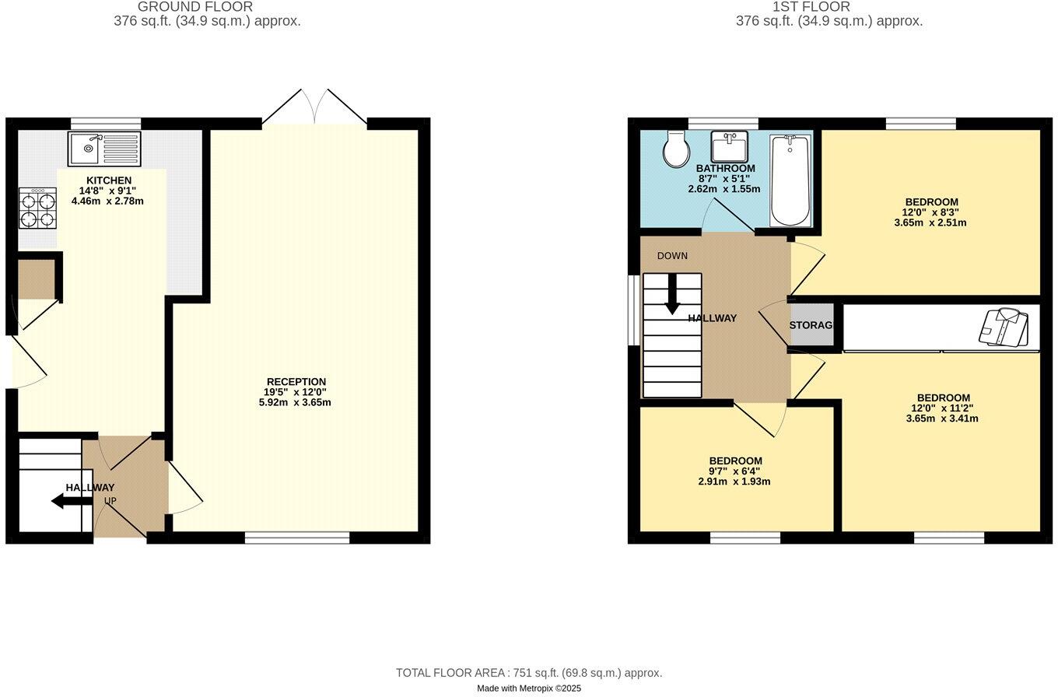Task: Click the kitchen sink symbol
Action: click(104, 149)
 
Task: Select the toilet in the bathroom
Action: click(675, 149)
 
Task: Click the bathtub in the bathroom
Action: click(790, 180)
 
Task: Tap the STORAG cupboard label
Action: click(811, 325)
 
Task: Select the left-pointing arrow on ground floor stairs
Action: click(72, 501)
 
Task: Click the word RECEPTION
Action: click(296, 382)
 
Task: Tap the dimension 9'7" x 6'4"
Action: click(734, 471)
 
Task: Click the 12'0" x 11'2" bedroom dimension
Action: click(942, 408)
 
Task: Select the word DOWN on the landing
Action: click(672, 256)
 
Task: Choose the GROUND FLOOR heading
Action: click(195, 7)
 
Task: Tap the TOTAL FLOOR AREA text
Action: click(529, 673)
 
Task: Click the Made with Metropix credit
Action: click(529, 688)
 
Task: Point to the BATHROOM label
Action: click(725, 169)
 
